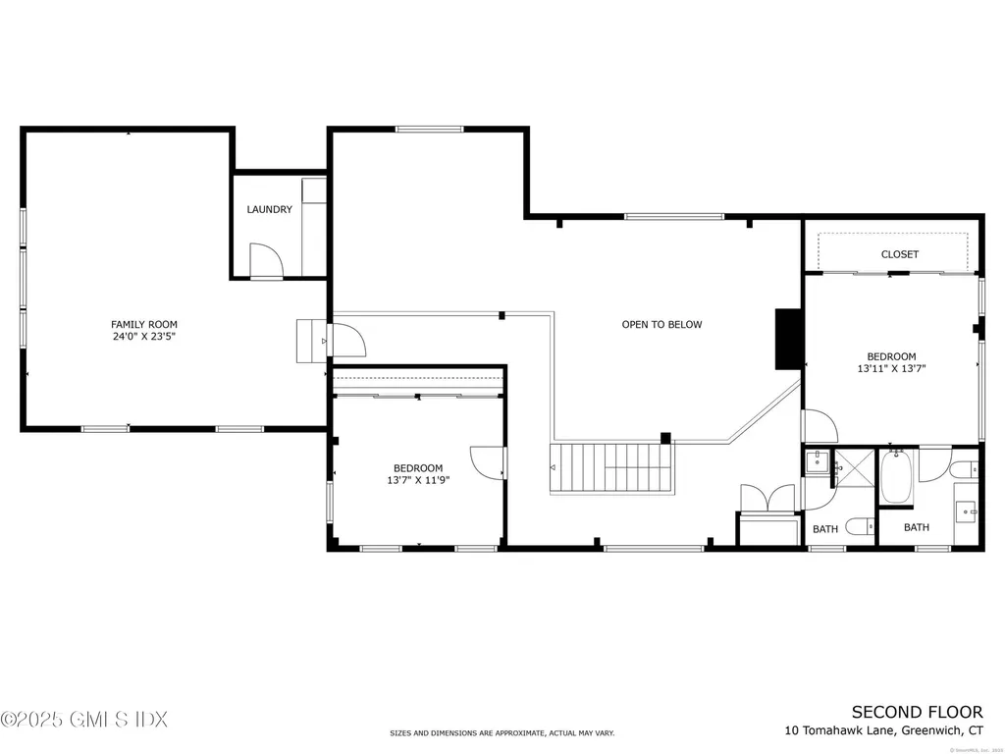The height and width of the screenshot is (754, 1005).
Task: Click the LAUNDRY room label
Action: [x=269, y=209]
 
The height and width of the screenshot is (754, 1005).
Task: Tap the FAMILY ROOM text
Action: [x=144, y=324]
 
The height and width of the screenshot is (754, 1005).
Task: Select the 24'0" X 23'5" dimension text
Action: [x=144, y=337]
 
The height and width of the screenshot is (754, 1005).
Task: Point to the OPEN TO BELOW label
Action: [x=661, y=324]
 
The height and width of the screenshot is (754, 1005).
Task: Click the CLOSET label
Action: [x=899, y=254]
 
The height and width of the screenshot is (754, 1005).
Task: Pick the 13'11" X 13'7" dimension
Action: [x=891, y=370]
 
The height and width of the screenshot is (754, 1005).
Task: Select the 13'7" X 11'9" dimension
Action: [x=418, y=481]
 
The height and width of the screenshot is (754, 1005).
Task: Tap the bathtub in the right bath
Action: [x=896, y=478]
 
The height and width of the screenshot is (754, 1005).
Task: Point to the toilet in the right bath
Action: [x=966, y=469]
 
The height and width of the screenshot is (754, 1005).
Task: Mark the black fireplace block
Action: [x=787, y=339]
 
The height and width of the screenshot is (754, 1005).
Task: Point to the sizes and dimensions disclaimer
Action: [x=502, y=733]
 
